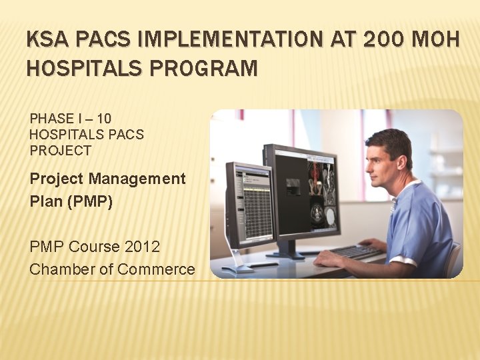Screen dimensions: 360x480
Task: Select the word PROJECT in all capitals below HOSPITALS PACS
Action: click(x=60, y=151)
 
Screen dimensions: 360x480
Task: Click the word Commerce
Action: click(x=156, y=269)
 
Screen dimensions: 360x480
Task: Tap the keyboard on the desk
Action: click(x=357, y=253)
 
